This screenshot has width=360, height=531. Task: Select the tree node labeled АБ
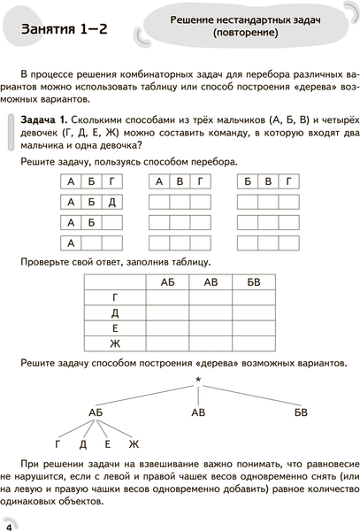click(98, 412)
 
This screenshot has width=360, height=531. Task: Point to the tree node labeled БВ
click(301, 412)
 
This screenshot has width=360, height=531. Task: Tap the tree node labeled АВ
click(200, 412)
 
